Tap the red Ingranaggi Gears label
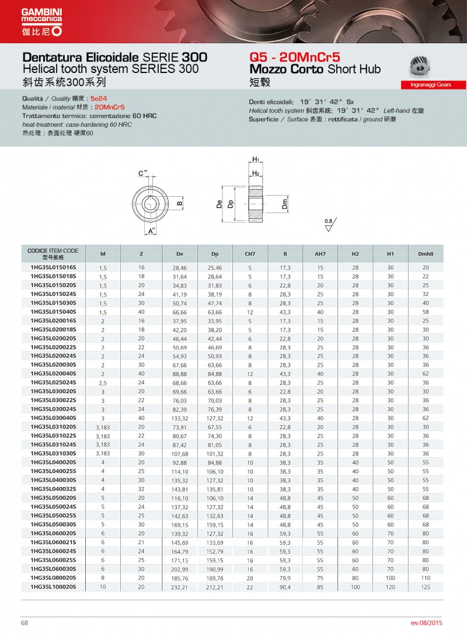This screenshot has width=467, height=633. click(434, 85)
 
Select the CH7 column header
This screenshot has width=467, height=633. click(250, 254)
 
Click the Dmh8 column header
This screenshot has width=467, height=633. click(426, 254)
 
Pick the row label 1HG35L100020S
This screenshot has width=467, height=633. click(53, 586)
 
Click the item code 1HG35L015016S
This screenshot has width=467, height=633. click(53, 267)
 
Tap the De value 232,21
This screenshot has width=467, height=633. click(180, 586)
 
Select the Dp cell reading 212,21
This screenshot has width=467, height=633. click(215, 586)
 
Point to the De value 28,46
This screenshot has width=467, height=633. click(180, 267)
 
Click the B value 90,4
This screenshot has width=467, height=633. click(285, 586)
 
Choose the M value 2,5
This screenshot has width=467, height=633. click(103, 382)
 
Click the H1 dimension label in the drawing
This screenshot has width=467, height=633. click(256, 159)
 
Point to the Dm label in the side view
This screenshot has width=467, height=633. click(285, 204)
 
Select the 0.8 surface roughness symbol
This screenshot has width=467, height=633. click(329, 224)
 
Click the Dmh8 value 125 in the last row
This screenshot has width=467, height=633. click(426, 586)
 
